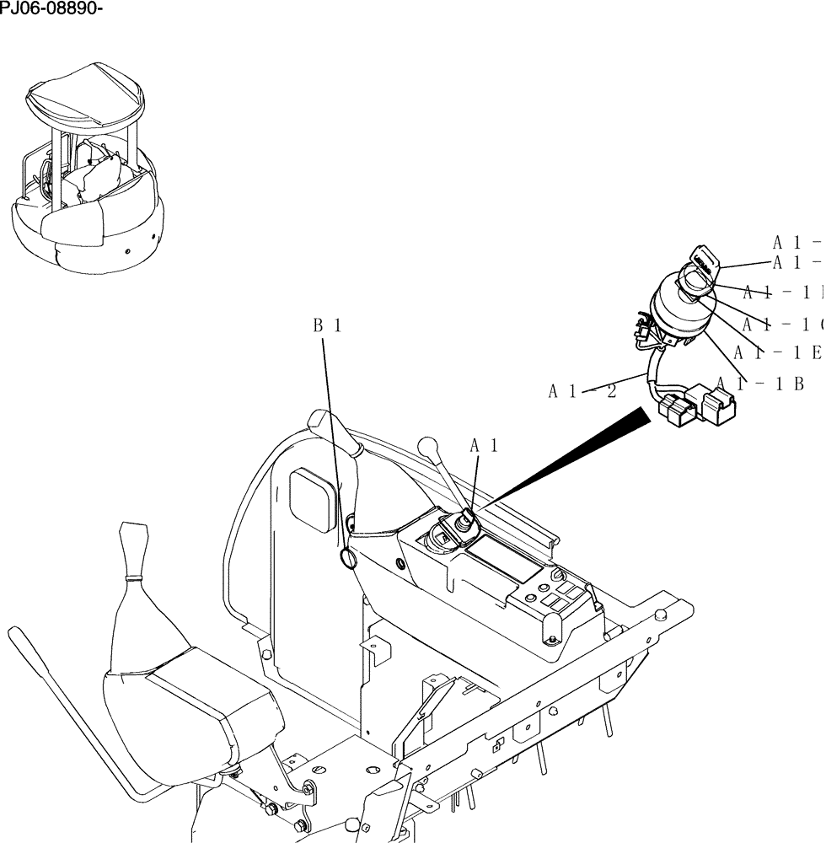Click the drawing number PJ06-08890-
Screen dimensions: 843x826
pyautogui.click(x=51, y=9)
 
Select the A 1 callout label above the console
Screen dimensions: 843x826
pyautogui.click(x=484, y=445)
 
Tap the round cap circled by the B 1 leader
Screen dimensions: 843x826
pyautogui.click(x=349, y=557)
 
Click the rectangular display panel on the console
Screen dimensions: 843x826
pyautogui.click(x=502, y=560)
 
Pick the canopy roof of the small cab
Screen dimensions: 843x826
pyautogui.click(x=85, y=96)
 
